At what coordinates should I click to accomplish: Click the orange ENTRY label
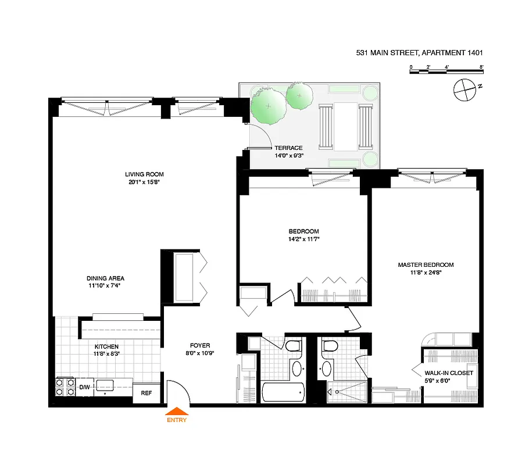click(x=177, y=420)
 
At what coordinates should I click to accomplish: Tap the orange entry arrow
click(x=177, y=412)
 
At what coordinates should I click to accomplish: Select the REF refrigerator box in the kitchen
click(x=146, y=394)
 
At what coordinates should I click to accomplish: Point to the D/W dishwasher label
click(x=84, y=387)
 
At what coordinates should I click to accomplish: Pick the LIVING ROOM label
click(x=144, y=174)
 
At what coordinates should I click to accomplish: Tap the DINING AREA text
click(x=105, y=278)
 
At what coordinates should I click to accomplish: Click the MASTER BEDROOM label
click(x=426, y=265)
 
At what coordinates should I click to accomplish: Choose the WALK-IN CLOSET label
click(x=448, y=373)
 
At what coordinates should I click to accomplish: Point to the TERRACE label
click(x=288, y=148)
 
